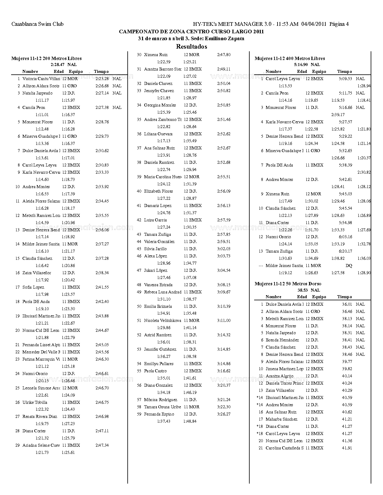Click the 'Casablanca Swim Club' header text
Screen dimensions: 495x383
(x=37, y=24)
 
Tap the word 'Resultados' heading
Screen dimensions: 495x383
(x=191, y=46)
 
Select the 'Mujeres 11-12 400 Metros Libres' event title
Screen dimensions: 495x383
(x=290, y=58)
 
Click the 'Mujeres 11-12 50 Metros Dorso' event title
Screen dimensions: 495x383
(x=288, y=283)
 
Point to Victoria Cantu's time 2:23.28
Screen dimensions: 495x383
(x=102, y=79)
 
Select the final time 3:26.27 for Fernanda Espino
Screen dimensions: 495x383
(x=223, y=414)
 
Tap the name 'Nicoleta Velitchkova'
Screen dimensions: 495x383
(x=162, y=320)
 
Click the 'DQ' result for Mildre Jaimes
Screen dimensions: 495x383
(x=349, y=265)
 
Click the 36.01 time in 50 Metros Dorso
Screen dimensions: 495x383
(x=347, y=304)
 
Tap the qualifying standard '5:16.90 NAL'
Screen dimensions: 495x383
(x=307, y=64)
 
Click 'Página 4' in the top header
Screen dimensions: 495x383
(x=339, y=24)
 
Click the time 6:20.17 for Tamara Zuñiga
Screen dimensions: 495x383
(x=345, y=251)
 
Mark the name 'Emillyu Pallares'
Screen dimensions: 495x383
(x=159, y=364)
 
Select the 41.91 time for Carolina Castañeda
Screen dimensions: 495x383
(x=347, y=448)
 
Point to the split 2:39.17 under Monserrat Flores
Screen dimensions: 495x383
(x=338, y=115)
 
